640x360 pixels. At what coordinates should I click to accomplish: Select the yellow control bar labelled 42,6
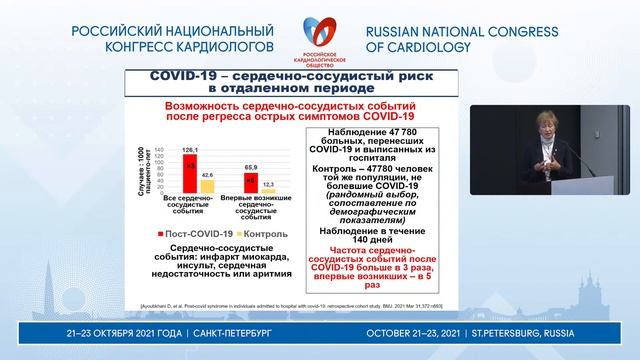207,184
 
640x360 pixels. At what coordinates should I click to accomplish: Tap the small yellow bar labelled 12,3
268,190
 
